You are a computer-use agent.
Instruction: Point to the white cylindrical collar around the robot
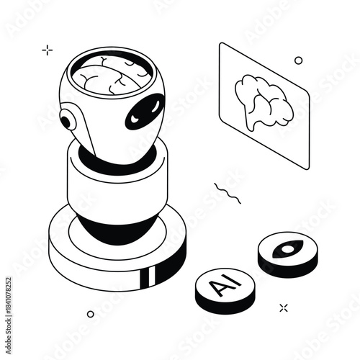[115, 187]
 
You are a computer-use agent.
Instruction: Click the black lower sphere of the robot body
[115, 230]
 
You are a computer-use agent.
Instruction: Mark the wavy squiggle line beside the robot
[230, 192]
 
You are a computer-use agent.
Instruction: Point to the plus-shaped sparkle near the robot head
[48, 50]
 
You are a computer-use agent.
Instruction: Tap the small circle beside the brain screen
[299, 60]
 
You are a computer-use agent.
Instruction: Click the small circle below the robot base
[90, 314]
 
